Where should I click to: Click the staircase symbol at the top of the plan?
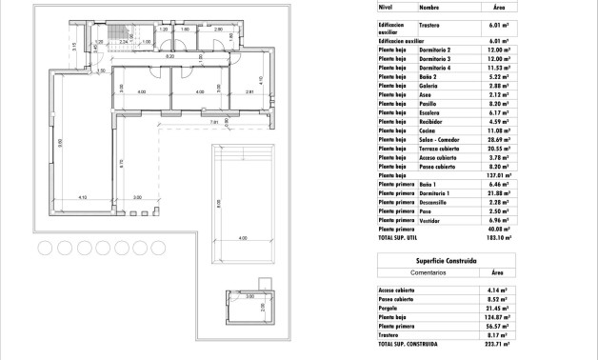(x=118, y=35)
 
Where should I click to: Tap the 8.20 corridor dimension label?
(x=169, y=58)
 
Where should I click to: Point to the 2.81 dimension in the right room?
(x=249, y=92)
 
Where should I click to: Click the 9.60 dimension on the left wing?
(x=60, y=145)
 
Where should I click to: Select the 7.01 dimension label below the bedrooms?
(x=214, y=122)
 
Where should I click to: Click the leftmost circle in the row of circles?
(x=44, y=248)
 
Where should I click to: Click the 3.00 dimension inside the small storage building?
(x=250, y=297)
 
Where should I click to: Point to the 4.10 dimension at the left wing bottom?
(x=83, y=198)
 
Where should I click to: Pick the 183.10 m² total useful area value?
(x=495, y=238)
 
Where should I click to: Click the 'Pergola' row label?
(x=389, y=309)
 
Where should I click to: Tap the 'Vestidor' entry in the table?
(x=430, y=220)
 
